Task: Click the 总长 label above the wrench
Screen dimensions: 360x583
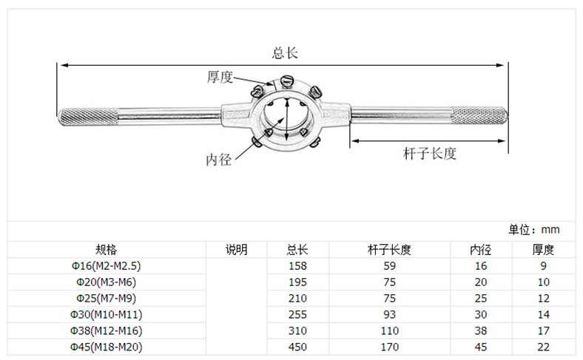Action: point(285,52)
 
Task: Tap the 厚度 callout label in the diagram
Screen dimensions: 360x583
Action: point(220,77)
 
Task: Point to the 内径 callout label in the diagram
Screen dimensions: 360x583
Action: point(219,159)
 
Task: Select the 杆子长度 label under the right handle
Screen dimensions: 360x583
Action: point(429,154)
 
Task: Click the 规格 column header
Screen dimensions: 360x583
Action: point(107,249)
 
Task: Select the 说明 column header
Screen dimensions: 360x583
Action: point(236,249)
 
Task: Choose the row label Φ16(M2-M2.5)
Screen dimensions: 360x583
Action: point(107,265)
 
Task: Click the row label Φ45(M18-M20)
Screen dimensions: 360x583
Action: point(107,347)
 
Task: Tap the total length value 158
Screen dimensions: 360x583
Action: point(297,265)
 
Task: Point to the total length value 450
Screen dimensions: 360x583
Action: point(297,347)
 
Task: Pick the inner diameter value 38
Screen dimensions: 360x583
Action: point(480,330)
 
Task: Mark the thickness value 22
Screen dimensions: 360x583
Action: point(544,347)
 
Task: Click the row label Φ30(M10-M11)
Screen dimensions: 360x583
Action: point(107,314)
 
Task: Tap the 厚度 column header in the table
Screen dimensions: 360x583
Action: point(544,249)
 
